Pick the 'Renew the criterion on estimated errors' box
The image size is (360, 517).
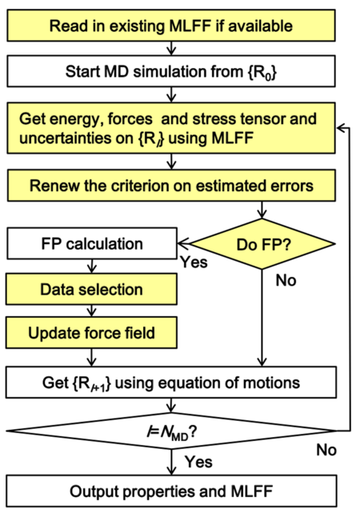tap(171, 186)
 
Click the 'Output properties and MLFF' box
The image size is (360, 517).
tap(171, 491)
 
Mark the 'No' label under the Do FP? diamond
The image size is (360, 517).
tap(284, 282)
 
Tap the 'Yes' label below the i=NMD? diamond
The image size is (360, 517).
tap(198, 462)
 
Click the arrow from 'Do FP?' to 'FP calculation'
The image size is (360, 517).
tap(186, 241)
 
